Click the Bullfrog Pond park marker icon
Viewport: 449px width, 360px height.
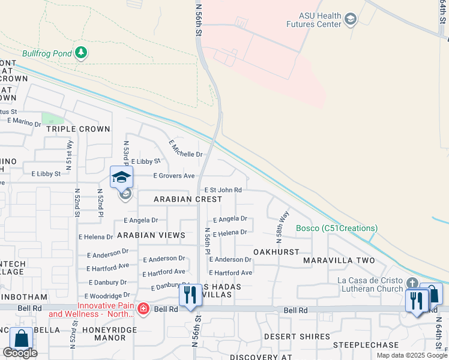click(x=81, y=53)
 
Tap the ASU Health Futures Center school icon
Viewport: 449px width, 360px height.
click(x=351, y=20)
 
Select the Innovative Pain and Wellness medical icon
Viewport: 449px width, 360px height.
click(x=143, y=309)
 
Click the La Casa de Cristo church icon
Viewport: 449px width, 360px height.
click(x=412, y=283)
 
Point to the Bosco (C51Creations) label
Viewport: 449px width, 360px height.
click(x=337, y=228)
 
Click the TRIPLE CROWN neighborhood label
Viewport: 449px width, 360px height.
click(x=78, y=129)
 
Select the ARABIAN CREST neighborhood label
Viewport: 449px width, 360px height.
click(x=179, y=199)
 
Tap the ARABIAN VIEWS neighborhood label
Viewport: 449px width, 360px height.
click(x=151, y=235)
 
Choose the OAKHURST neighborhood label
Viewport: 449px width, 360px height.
click(x=276, y=252)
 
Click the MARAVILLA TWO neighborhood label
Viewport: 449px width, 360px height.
click(x=339, y=260)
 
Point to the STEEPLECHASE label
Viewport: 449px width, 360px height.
click(x=366, y=345)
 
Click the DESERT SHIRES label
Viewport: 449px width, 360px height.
click(x=297, y=337)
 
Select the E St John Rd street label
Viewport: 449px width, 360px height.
click(x=223, y=190)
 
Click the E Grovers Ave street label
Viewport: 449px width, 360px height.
click(x=174, y=176)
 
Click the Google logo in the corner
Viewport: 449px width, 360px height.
click(x=20, y=353)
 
